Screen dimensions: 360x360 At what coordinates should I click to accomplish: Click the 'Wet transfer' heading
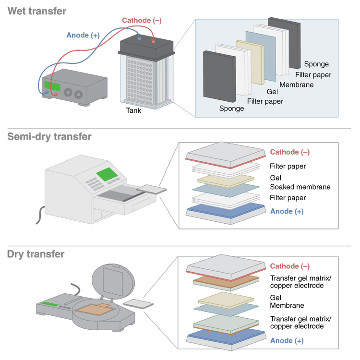tap(37, 11)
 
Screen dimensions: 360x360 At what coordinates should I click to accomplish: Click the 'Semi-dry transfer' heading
tap(49, 137)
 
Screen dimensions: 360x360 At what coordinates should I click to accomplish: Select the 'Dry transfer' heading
tap(36, 254)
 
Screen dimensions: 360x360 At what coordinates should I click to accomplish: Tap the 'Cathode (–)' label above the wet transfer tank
tap(142, 20)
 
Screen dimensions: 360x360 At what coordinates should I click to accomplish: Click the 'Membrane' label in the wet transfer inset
tap(296, 85)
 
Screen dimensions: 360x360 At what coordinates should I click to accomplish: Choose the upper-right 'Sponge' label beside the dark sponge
tap(316, 64)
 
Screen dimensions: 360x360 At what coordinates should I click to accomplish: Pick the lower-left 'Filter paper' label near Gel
tap(264, 101)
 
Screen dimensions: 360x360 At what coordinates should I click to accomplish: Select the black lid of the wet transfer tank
tap(146, 47)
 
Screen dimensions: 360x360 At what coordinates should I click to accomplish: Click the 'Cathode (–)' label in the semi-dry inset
tap(289, 152)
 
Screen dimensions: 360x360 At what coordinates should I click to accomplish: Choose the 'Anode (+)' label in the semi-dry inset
tap(287, 212)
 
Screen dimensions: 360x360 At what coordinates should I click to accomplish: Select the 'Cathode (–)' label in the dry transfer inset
tap(289, 266)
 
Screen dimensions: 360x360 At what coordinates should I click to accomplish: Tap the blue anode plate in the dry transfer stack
tap(225, 335)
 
